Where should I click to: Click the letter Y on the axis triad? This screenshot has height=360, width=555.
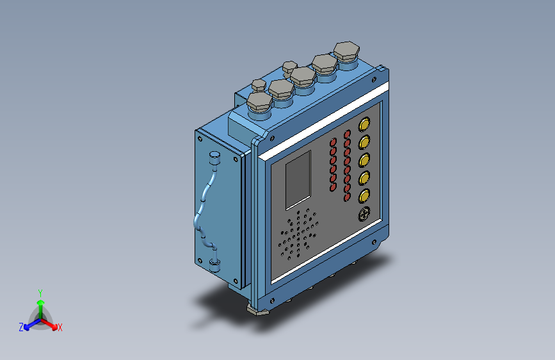point(40,293)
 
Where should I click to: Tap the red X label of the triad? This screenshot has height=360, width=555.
point(60,327)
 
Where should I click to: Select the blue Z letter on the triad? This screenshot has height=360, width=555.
point(21,327)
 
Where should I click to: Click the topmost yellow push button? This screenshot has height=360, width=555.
point(364,124)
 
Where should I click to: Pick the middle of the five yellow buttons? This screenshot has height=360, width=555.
point(364,160)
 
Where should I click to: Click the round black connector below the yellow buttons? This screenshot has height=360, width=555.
point(364,214)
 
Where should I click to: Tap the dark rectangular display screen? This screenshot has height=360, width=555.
point(298,180)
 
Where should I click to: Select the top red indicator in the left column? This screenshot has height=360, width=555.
point(333,142)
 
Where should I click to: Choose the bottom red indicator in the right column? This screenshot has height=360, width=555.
point(347,197)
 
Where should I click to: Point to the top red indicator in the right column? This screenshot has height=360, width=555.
point(347,135)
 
